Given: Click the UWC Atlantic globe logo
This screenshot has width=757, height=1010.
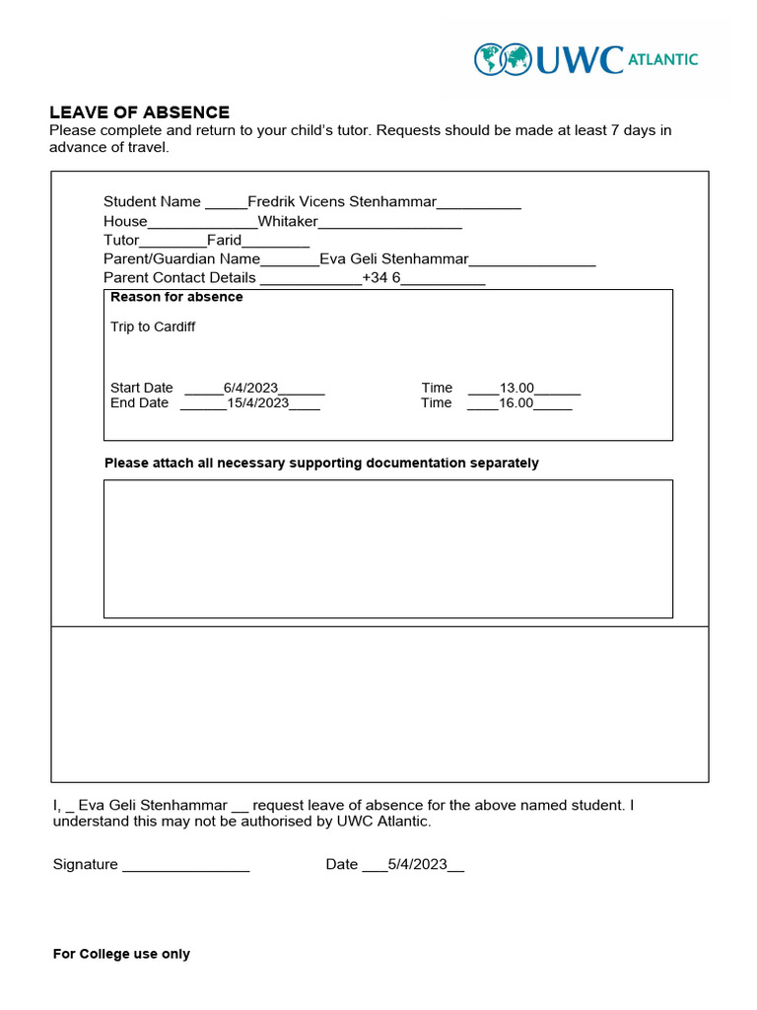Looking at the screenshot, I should tap(503, 59).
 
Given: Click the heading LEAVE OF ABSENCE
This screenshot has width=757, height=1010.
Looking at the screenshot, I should tap(139, 112).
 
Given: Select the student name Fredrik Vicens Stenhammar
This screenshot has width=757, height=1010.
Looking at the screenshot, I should tap(341, 202).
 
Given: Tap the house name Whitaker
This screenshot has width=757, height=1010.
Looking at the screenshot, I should tap(288, 221).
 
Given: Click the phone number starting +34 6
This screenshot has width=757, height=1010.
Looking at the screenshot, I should tap(381, 278).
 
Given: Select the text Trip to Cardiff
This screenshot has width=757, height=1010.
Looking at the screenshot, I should tap(153, 326).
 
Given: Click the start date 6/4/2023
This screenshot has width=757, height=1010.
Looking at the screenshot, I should tap(250, 388).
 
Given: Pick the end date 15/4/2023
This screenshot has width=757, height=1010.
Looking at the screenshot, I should tap(257, 402).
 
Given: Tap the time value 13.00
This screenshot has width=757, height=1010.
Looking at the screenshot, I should tap(516, 388).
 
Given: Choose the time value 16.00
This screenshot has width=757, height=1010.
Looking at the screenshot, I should tap(516, 402).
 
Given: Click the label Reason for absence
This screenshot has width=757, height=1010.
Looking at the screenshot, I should tap(176, 297).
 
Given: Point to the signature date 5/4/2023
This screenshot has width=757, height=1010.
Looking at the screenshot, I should tap(417, 864).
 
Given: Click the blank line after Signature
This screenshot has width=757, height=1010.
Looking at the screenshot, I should tap(185, 866).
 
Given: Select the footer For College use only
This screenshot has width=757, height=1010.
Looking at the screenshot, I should tap(121, 954).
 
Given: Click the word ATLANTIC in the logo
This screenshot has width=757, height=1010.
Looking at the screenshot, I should tap(662, 59).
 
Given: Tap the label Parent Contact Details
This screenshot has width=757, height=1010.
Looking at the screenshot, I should tap(179, 278).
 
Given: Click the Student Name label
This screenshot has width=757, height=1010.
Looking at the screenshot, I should tap(152, 202).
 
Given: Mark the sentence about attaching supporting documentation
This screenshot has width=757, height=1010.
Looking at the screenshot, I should tap(321, 463).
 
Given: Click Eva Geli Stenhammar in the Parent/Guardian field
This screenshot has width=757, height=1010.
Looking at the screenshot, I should tap(394, 259).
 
